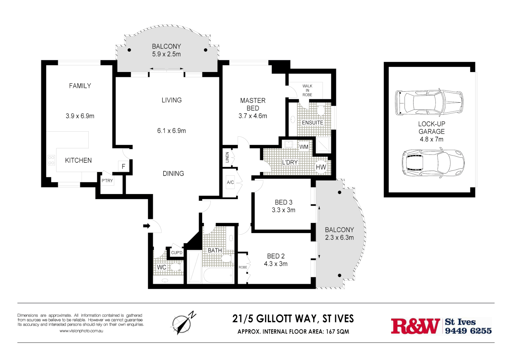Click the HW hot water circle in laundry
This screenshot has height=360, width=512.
[x=321, y=167]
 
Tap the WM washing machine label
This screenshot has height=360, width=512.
[x=304, y=147]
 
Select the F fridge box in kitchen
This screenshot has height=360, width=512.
[x=123, y=166]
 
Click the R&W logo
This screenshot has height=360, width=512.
[x=416, y=326]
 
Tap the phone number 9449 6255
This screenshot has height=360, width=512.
[x=468, y=331]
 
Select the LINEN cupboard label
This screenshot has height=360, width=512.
[x=227, y=157]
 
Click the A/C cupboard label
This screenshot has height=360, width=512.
[x=230, y=182]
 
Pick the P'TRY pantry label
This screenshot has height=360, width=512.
[x=107, y=181]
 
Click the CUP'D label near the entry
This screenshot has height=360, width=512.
[x=177, y=253]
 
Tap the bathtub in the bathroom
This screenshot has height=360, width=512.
[x=218, y=275]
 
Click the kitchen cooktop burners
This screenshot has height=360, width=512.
[x=51, y=160]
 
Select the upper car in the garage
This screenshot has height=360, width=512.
[x=429, y=102]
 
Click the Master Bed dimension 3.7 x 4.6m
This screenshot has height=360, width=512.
[x=252, y=116]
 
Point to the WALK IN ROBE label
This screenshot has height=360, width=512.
[x=307, y=90]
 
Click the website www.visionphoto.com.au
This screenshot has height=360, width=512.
[x=81, y=331]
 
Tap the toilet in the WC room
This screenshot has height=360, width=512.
[x=174, y=267]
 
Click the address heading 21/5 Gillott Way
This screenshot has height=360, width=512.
[x=293, y=319]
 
